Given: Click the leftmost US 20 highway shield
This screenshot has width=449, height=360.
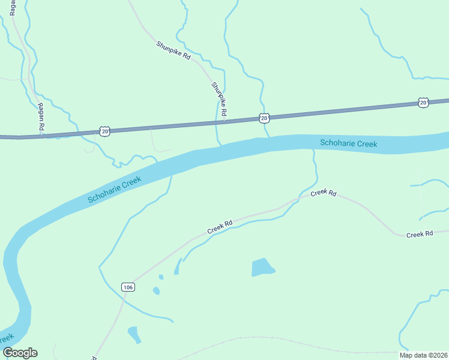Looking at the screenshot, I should [106, 131].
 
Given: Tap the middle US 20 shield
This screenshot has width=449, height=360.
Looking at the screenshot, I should [264, 118].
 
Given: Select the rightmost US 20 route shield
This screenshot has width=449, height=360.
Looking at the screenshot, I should [423, 103].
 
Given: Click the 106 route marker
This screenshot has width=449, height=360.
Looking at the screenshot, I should [127, 287].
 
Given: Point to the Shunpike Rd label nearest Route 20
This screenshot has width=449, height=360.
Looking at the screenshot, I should [219, 99].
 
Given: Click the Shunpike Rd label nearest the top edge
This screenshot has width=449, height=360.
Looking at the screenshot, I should [173, 50].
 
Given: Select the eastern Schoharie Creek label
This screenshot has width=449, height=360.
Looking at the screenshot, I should [349, 143].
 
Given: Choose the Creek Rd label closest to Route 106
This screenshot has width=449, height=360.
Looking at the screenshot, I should [220, 227].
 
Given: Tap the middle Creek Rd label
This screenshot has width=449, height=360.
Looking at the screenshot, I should [324, 193].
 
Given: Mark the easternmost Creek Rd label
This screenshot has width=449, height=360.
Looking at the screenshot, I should [420, 234].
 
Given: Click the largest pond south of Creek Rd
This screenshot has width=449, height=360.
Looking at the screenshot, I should [262, 267].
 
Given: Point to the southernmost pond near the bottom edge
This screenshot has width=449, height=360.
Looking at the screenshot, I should [134, 334].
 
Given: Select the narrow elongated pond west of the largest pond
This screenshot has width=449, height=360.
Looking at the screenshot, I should [178, 267].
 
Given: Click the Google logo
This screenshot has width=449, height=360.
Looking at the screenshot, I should [20, 353].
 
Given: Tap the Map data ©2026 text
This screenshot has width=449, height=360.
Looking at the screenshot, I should [423, 355].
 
